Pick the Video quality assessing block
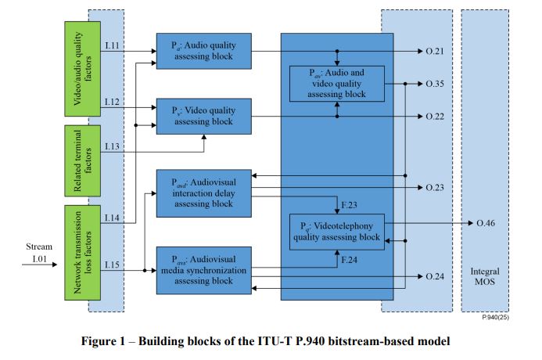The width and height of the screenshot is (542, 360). click(203, 116)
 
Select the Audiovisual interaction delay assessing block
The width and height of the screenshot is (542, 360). click(203, 192)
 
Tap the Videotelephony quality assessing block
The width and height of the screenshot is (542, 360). click(336, 232)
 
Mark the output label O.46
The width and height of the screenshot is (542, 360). click(486, 224)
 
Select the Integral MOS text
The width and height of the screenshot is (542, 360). click(485, 275)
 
